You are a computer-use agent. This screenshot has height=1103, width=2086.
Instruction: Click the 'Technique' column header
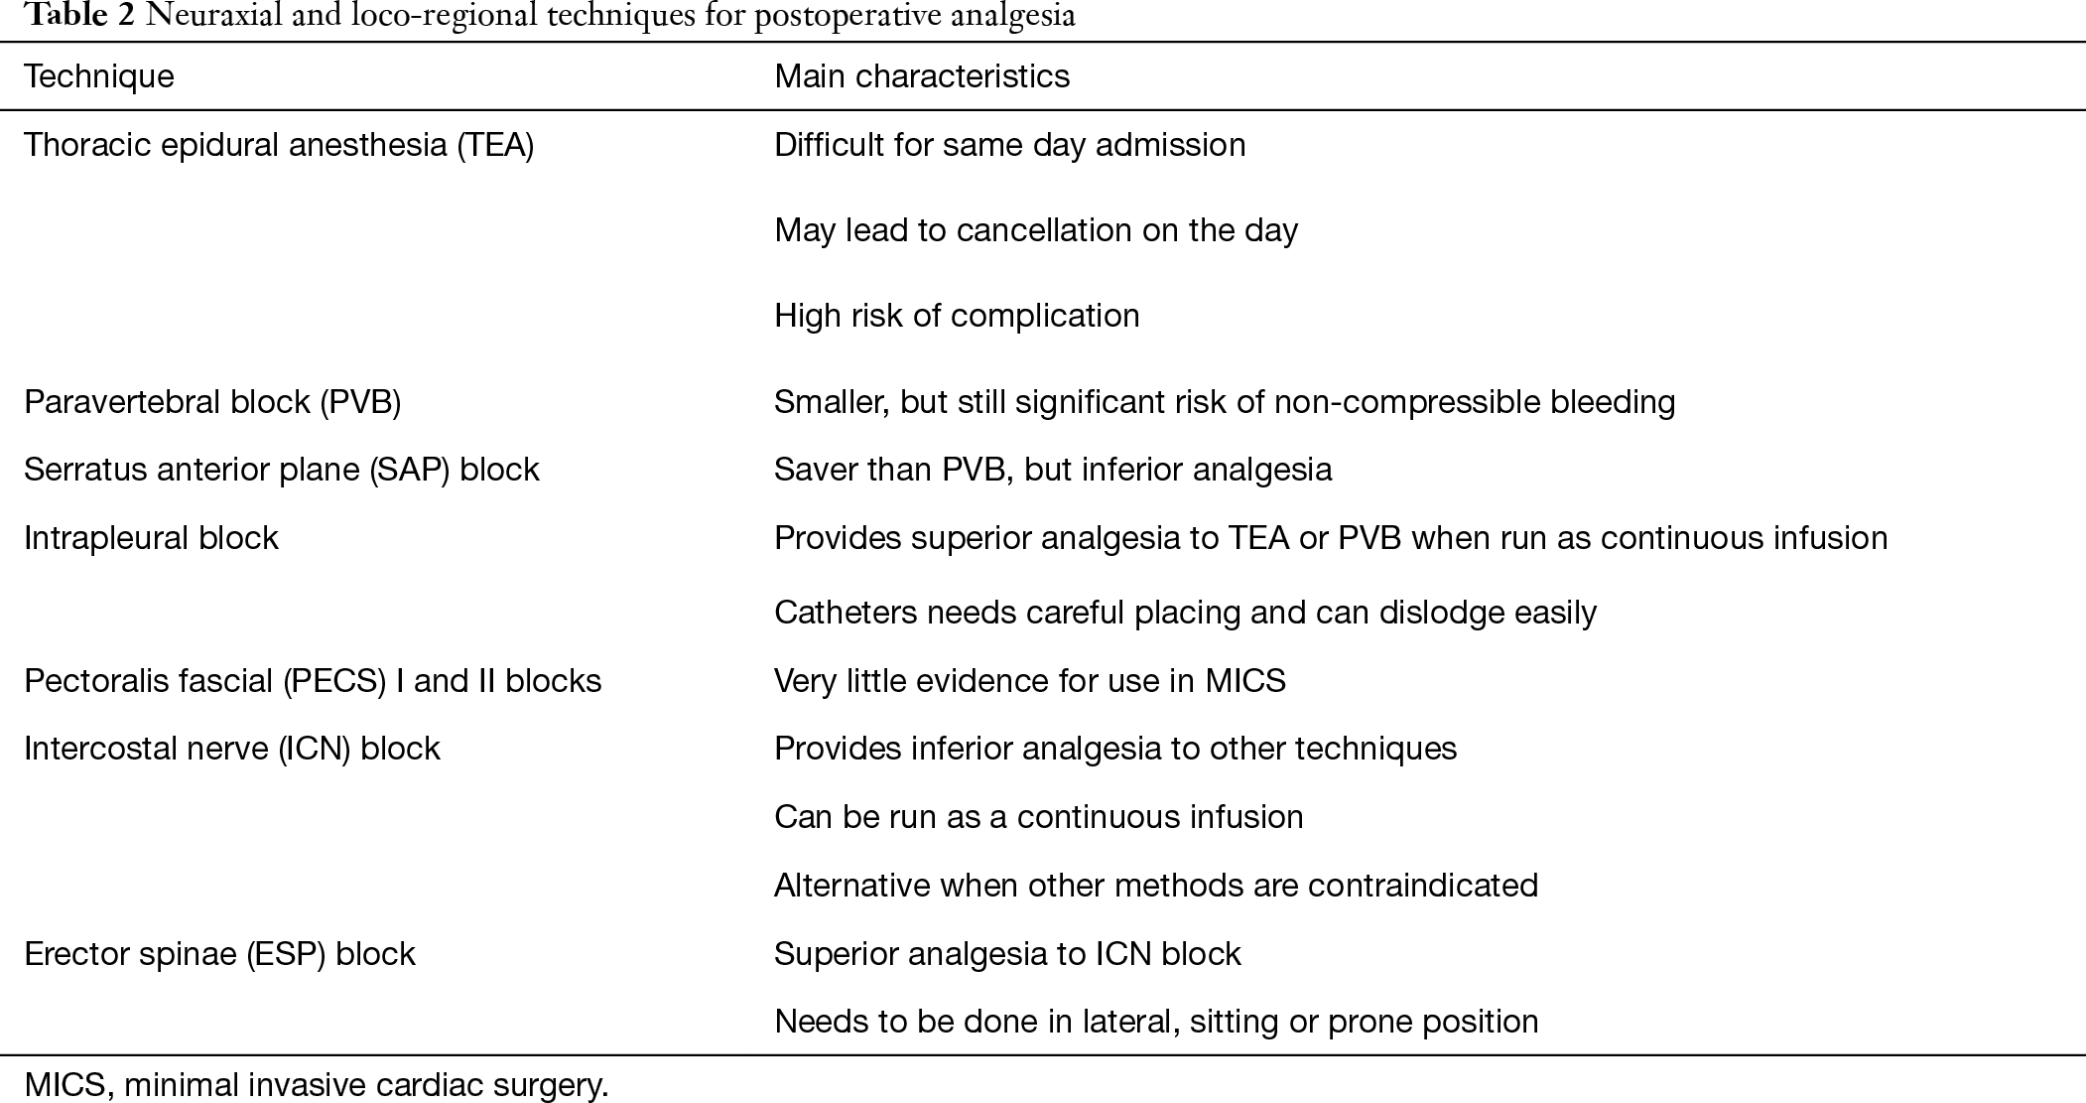[99, 76]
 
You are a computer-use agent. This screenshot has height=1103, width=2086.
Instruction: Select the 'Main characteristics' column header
[922, 76]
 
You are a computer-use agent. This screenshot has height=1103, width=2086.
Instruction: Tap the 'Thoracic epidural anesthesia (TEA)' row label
[279, 145]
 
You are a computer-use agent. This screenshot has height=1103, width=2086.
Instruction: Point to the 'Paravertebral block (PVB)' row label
[212, 402]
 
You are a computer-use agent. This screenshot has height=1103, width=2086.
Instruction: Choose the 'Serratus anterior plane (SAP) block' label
[282, 470]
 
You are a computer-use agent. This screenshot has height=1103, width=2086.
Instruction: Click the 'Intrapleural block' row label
[151, 538]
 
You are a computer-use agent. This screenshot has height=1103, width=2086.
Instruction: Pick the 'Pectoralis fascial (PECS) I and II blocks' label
[313, 681]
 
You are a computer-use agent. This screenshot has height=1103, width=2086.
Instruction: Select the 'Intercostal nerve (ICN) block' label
[232, 749]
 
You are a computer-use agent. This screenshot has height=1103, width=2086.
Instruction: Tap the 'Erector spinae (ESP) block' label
[219, 954]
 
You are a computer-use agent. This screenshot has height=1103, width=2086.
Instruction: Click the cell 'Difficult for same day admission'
[1010, 145]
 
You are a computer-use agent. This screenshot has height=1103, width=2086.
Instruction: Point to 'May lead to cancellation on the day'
[1036, 230]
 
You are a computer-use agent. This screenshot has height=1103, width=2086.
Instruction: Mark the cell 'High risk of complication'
[957, 316]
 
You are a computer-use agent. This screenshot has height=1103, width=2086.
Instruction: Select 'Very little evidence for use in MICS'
[1030, 681]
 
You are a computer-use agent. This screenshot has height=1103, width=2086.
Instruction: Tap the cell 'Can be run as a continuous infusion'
[1039, 817]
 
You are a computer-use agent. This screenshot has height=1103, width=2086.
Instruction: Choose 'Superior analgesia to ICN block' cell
[1007, 954]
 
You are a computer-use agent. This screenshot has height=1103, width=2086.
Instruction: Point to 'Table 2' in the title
[79, 17]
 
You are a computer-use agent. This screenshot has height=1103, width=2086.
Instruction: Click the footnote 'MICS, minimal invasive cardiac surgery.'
[317, 1085]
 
